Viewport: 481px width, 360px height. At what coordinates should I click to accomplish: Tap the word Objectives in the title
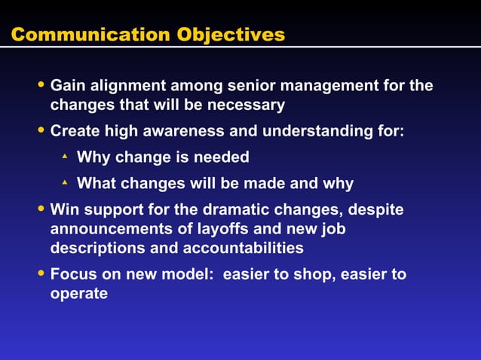[x=231, y=35]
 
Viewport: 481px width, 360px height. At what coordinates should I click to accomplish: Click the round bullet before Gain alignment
[x=41, y=84]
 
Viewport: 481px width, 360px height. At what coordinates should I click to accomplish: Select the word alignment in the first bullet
[x=130, y=86]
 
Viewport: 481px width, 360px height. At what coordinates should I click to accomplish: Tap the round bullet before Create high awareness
[x=41, y=130]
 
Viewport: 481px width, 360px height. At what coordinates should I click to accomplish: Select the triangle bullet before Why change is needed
[x=65, y=156]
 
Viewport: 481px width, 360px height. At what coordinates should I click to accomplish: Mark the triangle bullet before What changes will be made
[x=65, y=182]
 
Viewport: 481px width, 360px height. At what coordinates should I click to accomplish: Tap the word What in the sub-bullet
[x=96, y=183]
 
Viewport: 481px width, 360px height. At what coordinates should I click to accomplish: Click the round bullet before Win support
[x=41, y=208]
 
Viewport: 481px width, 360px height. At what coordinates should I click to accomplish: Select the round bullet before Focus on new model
[x=41, y=273]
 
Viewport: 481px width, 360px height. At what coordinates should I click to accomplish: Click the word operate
[x=79, y=293]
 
